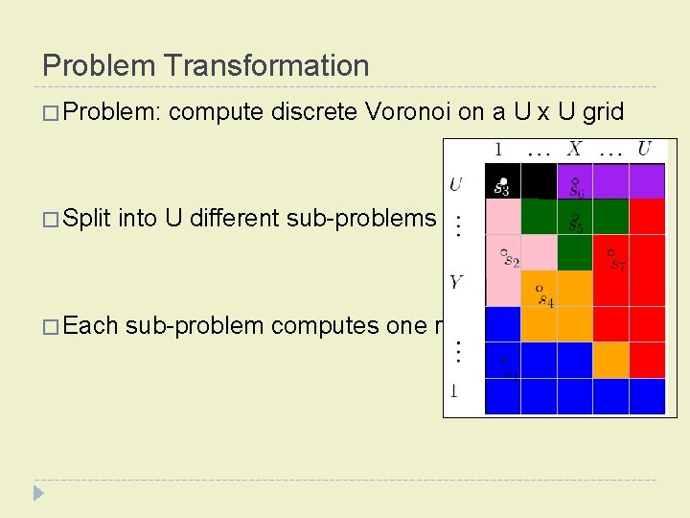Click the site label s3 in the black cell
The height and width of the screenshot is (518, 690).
tap(501, 188)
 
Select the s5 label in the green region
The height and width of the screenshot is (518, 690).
tap(575, 223)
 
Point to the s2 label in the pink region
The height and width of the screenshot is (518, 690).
tap(510, 259)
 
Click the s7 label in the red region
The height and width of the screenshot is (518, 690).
tap(615, 262)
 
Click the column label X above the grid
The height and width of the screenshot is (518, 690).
tap(573, 150)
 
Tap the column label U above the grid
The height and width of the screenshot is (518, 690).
tap(644, 150)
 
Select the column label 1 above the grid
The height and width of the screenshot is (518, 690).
tap(498, 150)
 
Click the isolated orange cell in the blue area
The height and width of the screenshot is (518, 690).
tap(610, 360)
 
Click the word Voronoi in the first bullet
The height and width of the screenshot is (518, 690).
tap(409, 112)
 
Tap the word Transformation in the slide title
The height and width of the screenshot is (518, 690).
tap(266, 65)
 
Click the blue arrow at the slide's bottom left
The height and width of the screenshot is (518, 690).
tap(38, 493)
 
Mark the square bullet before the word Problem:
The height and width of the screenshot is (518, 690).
tap(51, 113)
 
